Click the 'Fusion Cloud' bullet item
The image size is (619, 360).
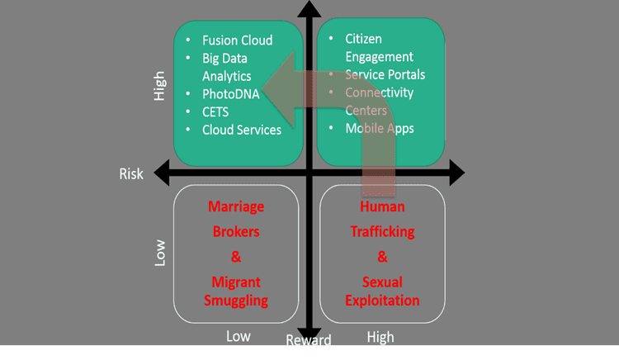pyautogui.click(x=237, y=40)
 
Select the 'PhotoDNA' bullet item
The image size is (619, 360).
pyautogui.click(x=230, y=94)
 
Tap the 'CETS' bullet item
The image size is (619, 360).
pyautogui.click(x=215, y=112)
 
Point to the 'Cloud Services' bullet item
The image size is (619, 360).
pyautogui.click(x=242, y=130)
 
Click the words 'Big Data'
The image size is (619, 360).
pyautogui.click(x=225, y=59)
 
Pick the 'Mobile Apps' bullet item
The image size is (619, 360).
pyautogui.click(x=379, y=128)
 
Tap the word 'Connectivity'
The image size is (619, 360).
pyautogui.click(x=380, y=92)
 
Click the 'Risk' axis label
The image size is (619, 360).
pyautogui.click(x=131, y=174)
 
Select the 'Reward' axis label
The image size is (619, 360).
pyautogui.click(x=309, y=340)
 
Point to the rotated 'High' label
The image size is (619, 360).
pyautogui.click(x=160, y=86)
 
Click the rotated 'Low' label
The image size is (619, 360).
pyautogui.click(x=160, y=252)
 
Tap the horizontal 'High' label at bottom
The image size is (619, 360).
pyautogui.click(x=380, y=337)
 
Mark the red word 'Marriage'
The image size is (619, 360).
pyautogui.click(x=236, y=206)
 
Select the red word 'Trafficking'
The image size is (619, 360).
pyautogui.click(x=381, y=232)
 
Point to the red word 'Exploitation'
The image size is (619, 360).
pyautogui.click(x=381, y=301)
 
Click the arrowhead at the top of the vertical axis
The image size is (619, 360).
pyautogui.click(x=309, y=10)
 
